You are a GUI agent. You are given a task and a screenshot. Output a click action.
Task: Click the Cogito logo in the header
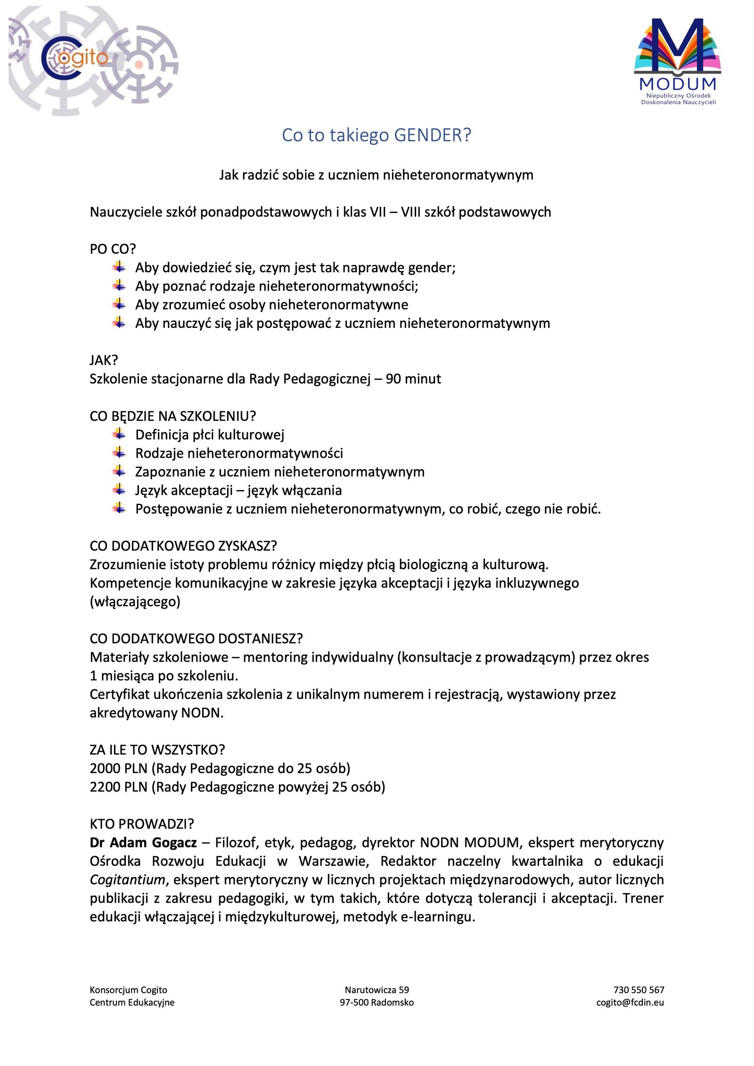click(x=75, y=59)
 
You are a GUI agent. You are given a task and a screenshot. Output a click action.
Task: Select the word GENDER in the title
click(x=432, y=135)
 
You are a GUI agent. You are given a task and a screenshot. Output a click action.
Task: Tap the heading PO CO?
click(x=113, y=249)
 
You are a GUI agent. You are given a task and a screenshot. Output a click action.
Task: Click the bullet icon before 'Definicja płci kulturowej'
click(x=119, y=434)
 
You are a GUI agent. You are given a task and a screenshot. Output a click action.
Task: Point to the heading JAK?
click(x=104, y=360)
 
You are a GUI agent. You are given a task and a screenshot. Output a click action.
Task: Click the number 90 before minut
click(x=393, y=379)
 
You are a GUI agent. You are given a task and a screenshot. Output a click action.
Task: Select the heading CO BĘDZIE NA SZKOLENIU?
click(x=172, y=416)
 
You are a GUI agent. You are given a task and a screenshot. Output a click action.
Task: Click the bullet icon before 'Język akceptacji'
click(x=119, y=489)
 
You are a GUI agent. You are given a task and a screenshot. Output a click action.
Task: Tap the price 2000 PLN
click(x=118, y=768)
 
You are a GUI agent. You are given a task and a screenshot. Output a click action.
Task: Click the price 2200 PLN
click(x=118, y=787)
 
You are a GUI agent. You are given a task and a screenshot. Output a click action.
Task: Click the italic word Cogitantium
click(x=127, y=880)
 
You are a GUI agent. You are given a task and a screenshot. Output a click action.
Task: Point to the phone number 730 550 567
click(x=639, y=990)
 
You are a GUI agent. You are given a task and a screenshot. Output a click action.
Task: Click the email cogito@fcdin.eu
click(x=630, y=1002)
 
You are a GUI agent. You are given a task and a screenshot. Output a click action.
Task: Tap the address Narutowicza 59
click(x=377, y=990)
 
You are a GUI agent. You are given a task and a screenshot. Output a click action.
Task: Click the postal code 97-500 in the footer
click(x=353, y=1002)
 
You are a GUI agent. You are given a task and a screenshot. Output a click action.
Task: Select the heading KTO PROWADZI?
click(x=142, y=824)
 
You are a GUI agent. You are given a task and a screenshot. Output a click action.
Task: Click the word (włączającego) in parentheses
click(x=135, y=602)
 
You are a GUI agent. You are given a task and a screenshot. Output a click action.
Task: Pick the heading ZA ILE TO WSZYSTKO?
click(x=157, y=749)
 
